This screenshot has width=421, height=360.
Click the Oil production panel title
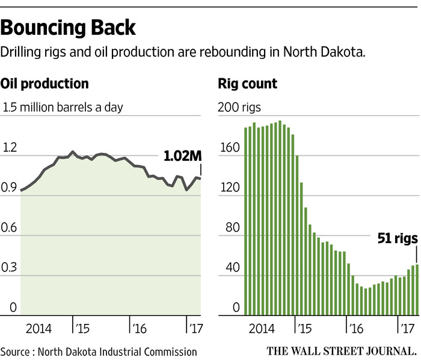45,84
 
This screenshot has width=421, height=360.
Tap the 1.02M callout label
183,157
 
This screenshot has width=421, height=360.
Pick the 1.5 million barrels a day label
63,108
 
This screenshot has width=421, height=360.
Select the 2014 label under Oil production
38,329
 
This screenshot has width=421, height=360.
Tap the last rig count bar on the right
416,290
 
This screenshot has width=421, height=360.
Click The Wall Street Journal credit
341,350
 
